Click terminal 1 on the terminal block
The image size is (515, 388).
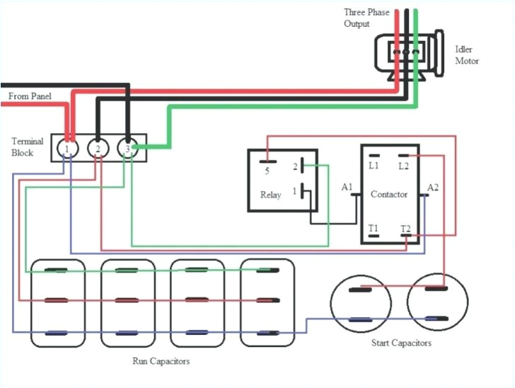coord(66,149)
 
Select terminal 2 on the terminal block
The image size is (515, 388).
coord(97,149)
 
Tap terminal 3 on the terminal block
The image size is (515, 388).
coord(127,149)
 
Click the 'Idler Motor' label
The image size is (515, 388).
coord(466,55)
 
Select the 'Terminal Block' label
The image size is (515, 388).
coord(28,147)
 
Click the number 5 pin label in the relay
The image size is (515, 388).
coord(267,171)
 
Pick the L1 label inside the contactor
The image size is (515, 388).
coord(374,165)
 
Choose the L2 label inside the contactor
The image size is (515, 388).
coord(404,165)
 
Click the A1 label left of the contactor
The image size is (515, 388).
coord(347,187)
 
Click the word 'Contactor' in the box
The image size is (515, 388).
coord(389,194)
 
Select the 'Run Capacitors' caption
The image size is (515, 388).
coord(161,361)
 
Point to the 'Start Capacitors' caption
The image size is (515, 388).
coord(401,343)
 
